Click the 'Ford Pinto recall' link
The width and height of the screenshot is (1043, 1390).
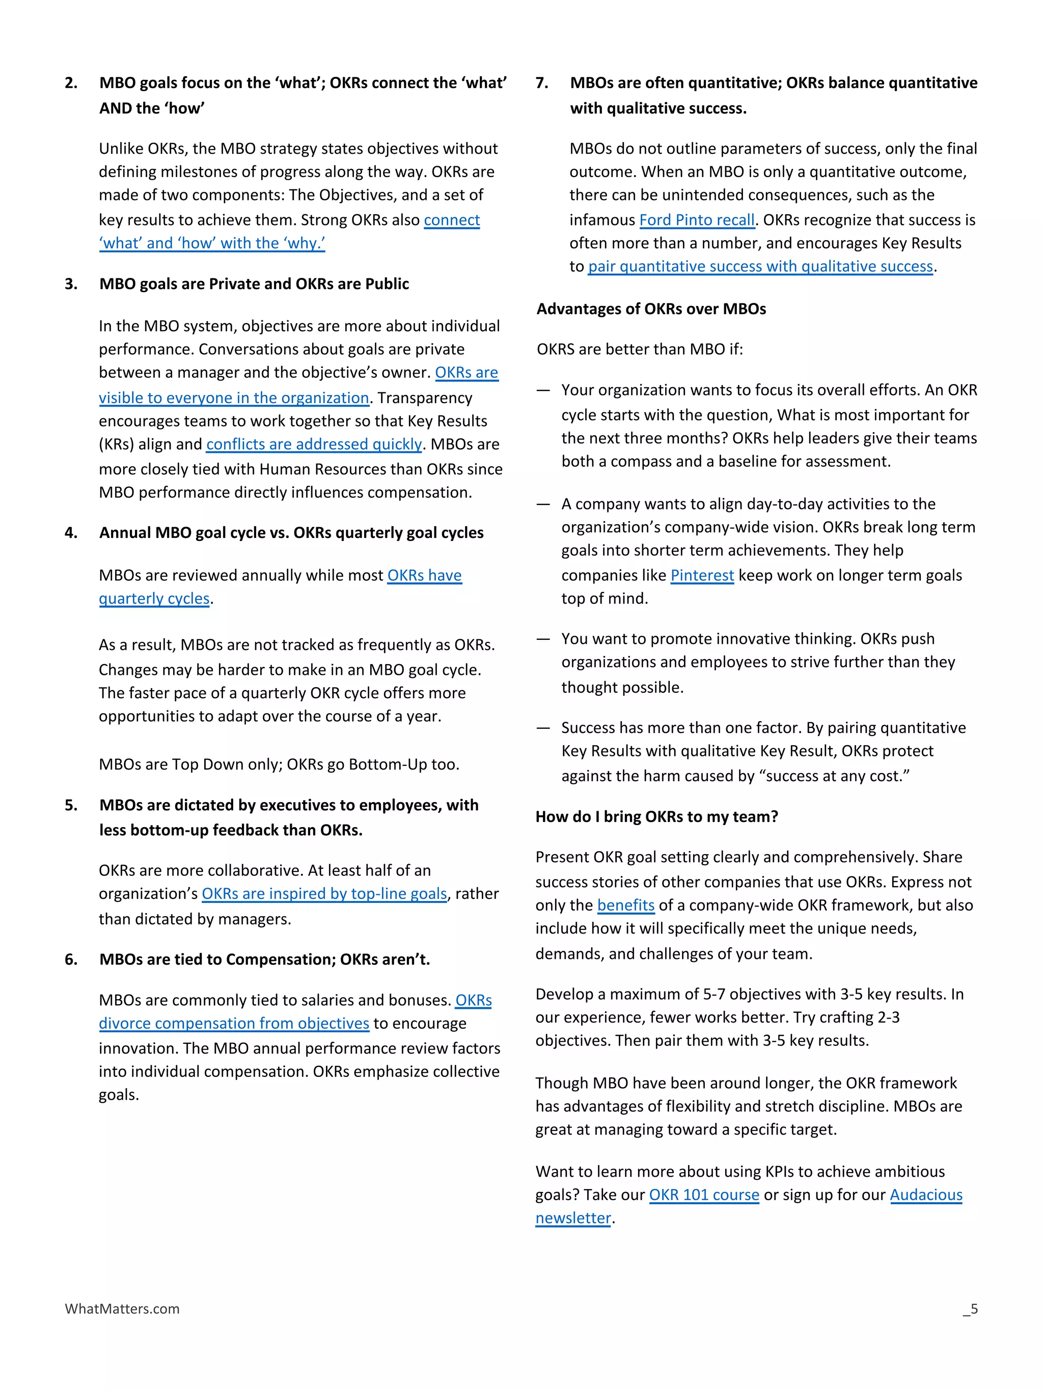click(x=696, y=220)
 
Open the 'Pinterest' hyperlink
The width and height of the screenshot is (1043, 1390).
click(x=702, y=575)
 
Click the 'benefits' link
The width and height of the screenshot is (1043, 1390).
click(x=625, y=905)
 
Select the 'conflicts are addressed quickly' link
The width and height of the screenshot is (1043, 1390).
click(x=314, y=444)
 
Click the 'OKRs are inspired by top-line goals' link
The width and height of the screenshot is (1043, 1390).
click(x=324, y=894)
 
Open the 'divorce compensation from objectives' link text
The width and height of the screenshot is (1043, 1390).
click(x=233, y=1023)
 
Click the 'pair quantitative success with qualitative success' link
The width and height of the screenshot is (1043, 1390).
click(x=760, y=266)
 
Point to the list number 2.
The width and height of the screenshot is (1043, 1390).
click(x=71, y=83)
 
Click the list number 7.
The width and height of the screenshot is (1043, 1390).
click(x=541, y=83)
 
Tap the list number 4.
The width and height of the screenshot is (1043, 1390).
click(x=71, y=533)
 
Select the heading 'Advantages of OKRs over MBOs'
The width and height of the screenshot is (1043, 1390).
click(x=651, y=309)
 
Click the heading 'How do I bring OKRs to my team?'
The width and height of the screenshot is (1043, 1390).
click(x=656, y=816)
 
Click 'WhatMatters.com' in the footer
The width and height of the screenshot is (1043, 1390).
click(x=122, y=1309)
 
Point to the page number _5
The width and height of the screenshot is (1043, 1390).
click(x=970, y=1309)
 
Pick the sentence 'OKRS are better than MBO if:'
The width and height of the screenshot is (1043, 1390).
click(x=639, y=349)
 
